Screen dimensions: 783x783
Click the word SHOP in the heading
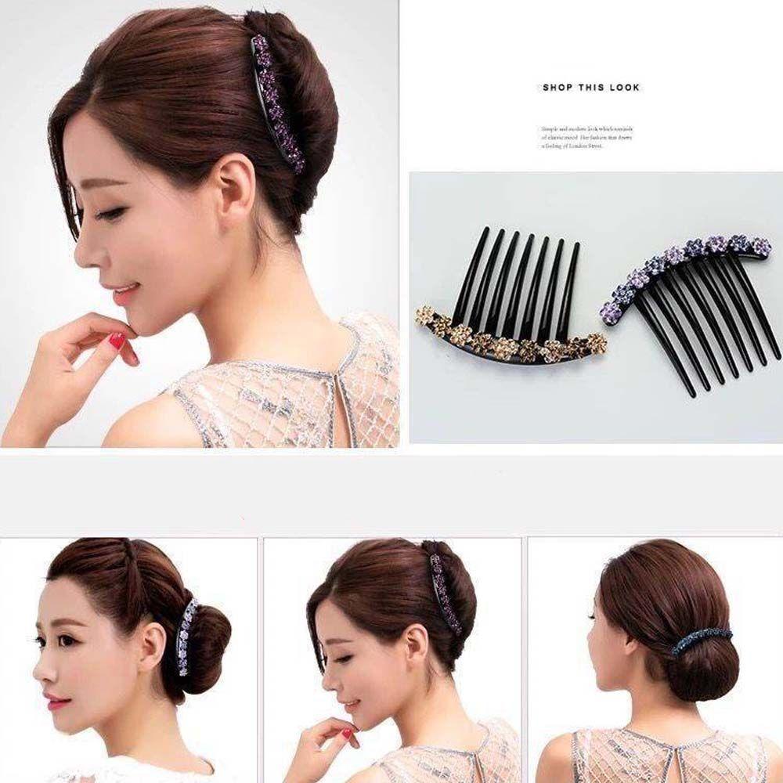(x=557, y=88)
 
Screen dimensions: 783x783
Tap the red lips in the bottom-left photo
(x=57, y=700)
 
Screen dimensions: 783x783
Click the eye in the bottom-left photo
(x=62, y=640)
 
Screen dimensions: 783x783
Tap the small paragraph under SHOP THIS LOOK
(x=586, y=137)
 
